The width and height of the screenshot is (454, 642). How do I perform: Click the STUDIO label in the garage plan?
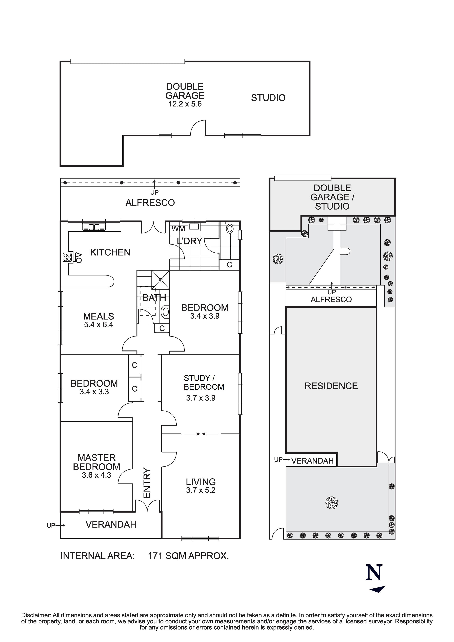coord(268,98)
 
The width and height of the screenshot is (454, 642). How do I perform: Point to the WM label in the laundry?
coord(178,229)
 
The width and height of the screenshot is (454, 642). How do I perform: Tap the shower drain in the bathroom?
coord(161,280)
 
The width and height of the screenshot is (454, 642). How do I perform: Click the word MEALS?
coord(99,316)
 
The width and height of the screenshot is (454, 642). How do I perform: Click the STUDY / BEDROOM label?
coord(204,383)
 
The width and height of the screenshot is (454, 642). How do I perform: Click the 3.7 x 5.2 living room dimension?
coord(201,490)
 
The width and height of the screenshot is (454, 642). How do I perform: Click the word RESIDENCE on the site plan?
coord(331,386)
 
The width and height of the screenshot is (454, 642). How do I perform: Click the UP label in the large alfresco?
coord(154,192)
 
